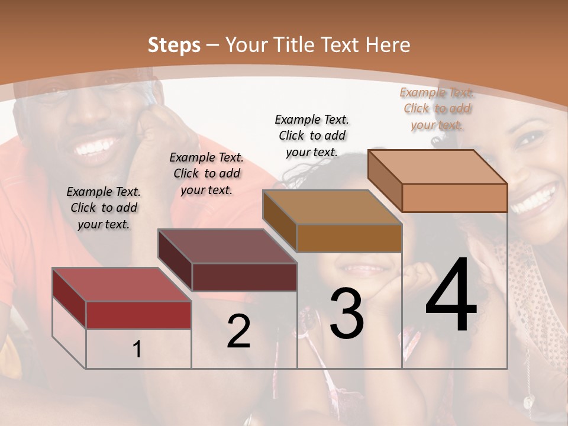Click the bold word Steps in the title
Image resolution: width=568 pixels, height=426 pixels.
click(174, 45)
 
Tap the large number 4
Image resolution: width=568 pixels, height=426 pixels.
click(451, 296)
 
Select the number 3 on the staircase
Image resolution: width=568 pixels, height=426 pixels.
click(346, 314)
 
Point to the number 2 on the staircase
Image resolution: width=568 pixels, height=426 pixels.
click(238, 332)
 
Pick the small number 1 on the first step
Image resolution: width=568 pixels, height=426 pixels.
click(137, 350)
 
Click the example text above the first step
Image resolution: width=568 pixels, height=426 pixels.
click(104, 208)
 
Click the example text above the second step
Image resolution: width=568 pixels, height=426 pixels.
click(206, 173)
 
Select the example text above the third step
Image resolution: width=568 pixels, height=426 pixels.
click(312, 135)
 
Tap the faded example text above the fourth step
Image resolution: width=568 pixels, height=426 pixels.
click(437, 108)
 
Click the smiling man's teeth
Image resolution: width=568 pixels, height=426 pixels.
click(96, 146)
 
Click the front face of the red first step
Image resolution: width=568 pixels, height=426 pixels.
click(138, 315)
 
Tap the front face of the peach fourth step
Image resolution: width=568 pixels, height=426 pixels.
click(454, 198)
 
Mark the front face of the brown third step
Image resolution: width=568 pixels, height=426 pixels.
click(349, 238)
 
